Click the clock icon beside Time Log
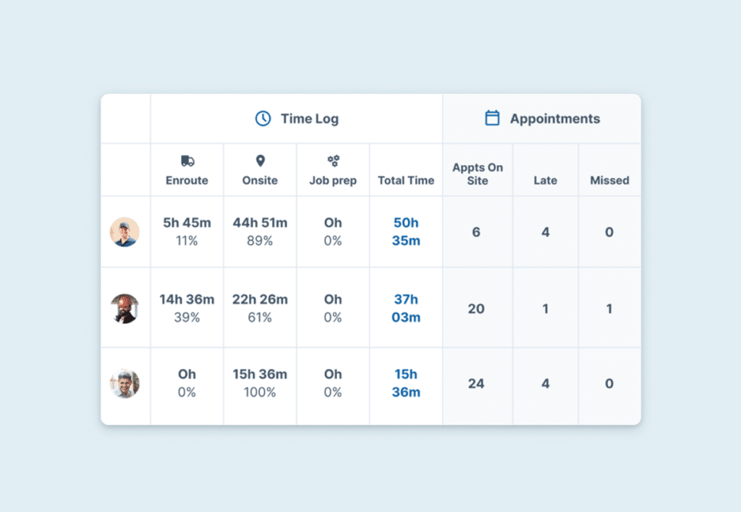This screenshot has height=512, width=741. [263, 119]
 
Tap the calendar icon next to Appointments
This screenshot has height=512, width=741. [492, 119]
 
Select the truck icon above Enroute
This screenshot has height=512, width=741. [187, 161]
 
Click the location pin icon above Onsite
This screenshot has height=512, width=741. [261, 161]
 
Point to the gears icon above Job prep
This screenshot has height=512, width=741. [333, 161]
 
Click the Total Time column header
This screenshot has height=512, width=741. [406, 181]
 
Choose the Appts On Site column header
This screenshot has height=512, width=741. [478, 174]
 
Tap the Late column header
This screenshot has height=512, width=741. [546, 181]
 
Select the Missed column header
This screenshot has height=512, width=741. [609, 181]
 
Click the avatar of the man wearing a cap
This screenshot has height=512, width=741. [124, 232]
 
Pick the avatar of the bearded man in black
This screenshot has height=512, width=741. [124, 309]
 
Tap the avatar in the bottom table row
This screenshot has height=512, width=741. [124, 383]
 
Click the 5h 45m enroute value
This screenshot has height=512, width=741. [187, 223]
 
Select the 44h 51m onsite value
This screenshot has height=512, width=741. [260, 223]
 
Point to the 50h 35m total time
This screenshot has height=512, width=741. [406, 232]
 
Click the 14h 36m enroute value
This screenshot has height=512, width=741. [187, 299]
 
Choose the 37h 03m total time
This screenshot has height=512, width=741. [406, 309]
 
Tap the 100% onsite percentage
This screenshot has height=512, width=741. [260, 393]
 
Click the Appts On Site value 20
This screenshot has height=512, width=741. [476, 309]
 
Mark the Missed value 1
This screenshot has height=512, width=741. [609, 309]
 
